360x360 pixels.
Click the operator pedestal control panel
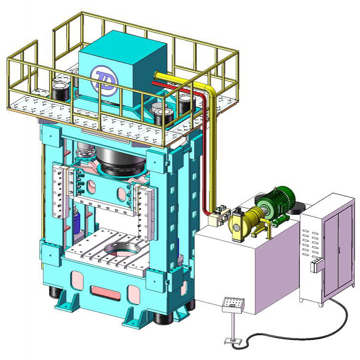tap(233, 304)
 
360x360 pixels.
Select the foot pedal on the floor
tap(233, 341)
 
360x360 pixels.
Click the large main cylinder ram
tap(121, 161)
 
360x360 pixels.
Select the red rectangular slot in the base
tap(105, 292)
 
